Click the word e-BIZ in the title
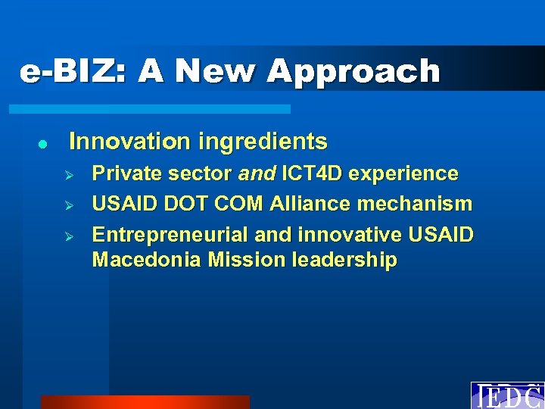[63, 71]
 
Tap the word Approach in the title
[353, 71]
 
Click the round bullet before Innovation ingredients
[43, 142]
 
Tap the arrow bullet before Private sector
[67, 174]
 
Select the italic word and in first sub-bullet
[257, 173]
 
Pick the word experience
[406, 173]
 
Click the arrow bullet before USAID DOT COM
[67, 204]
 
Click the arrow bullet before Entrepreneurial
[67, 236]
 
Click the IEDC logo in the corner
[507, 395]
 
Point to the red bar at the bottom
[144, 402]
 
